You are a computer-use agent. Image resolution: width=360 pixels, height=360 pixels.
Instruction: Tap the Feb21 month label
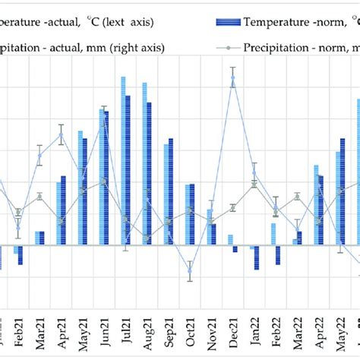point(18,328)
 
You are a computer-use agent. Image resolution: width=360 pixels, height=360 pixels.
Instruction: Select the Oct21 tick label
point(191,328)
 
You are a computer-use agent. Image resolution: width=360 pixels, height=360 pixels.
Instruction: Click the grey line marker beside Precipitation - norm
point(227,49)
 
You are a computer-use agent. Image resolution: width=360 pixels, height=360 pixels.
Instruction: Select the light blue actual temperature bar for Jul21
point(122,160)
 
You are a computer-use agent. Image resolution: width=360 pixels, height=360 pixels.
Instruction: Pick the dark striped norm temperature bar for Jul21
point(128,170)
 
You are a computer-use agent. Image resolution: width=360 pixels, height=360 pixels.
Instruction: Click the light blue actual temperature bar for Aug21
point(144,163)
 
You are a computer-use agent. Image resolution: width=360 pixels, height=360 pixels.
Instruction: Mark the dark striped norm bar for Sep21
point(171,191)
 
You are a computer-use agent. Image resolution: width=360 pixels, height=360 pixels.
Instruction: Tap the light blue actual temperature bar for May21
point(80,188)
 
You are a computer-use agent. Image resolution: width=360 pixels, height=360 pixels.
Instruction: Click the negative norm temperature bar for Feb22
point(278,254)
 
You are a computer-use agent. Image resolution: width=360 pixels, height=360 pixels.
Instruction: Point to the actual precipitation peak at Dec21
point(233,77)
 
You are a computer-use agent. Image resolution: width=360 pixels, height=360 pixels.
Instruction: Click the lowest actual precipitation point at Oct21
point(191,271)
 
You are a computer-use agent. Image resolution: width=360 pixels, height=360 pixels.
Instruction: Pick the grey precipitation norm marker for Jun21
point(104,182)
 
